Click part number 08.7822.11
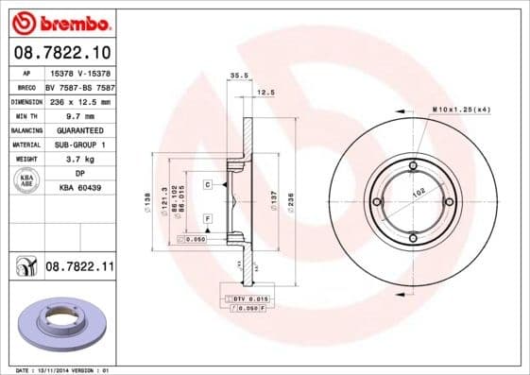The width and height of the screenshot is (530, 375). (x=79, y=269)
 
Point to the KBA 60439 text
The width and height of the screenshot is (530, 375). (x=80, y=188)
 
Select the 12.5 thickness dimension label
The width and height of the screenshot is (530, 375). (x=265, y=93)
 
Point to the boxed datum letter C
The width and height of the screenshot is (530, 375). (x=207, y=184)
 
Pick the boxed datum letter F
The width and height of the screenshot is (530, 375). (x=207, y=219)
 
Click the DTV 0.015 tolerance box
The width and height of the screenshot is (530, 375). (x=246, y=298)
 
